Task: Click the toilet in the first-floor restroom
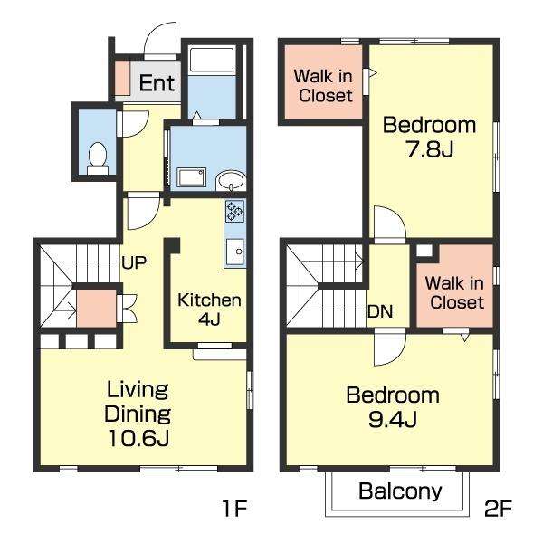pos(98,158)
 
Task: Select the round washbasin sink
pos(231,180)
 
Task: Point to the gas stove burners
pos(234,211)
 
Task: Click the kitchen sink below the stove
pos(234,252)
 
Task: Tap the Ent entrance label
pos(157,83)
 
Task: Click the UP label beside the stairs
pos(134,262)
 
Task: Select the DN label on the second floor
pos(380,311)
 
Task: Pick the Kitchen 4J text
pos(209,310)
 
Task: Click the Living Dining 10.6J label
pos(138,414)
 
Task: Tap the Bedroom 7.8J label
pos(429,138)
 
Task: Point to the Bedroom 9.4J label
pos(393,407)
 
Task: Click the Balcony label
pos(400,491)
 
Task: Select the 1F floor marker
pos(234,509)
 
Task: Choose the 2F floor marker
pos(498,509)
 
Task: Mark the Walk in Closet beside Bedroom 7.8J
pos(323,86)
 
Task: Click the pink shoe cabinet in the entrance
pos(122,78)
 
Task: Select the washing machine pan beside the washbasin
pos(192,177)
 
